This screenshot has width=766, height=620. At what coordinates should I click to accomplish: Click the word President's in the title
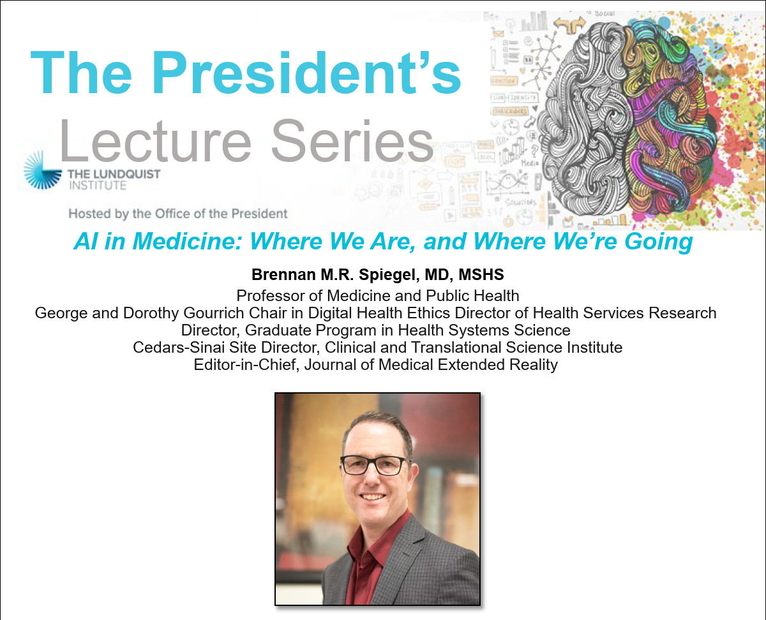click(x=308, y=73)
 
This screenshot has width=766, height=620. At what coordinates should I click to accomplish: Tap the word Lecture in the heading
click(x=155, y=140)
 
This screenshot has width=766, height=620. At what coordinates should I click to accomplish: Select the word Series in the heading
click(x=352, y=140)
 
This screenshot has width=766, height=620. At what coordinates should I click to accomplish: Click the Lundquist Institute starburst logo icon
click(x=42, y=170)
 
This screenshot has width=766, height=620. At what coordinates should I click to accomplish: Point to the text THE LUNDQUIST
click(x=114, y=174)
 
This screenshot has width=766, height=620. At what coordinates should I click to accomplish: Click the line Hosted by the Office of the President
click(x=178, y=214)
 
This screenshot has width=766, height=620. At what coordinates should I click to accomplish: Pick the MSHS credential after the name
click(x=481, y=274)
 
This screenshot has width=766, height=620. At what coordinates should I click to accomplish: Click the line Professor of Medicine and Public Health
click(x=378, y=296)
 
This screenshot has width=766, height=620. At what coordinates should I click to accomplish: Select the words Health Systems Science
click(x=484, y=330)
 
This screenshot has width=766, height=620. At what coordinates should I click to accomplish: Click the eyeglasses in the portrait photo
click(x=374, y=466)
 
